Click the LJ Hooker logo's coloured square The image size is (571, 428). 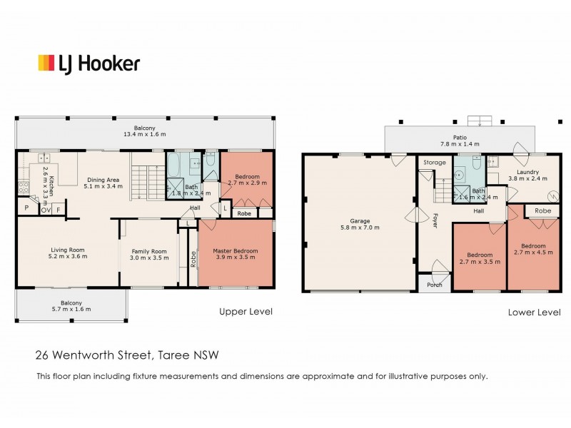coord(46,63)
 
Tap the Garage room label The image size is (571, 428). coord(360,221)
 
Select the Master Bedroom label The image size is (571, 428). coord(236,251)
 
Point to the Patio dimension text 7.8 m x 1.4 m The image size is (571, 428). coord(460,144)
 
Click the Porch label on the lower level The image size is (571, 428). coord(435,285)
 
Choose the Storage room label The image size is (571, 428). coord(435,163)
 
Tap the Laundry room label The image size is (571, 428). coord(527,172)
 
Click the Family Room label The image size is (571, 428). coord(149,251)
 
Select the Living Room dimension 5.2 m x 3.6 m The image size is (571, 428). coord(68,256)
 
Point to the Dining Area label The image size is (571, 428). coord(103,180)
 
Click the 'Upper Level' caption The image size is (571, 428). coord(246,312)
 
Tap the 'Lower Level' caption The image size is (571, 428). coord(534,312)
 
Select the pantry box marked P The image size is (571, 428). coord(26,208)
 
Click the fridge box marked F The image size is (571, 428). coord(59,210)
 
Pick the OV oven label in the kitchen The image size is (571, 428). coord(46,210)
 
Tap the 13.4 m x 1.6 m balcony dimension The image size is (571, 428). coord(145,134)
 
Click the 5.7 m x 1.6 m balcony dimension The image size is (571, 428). coord(71,310)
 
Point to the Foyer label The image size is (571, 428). coord(435,220)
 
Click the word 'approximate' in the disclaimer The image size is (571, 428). coord(328,377)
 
